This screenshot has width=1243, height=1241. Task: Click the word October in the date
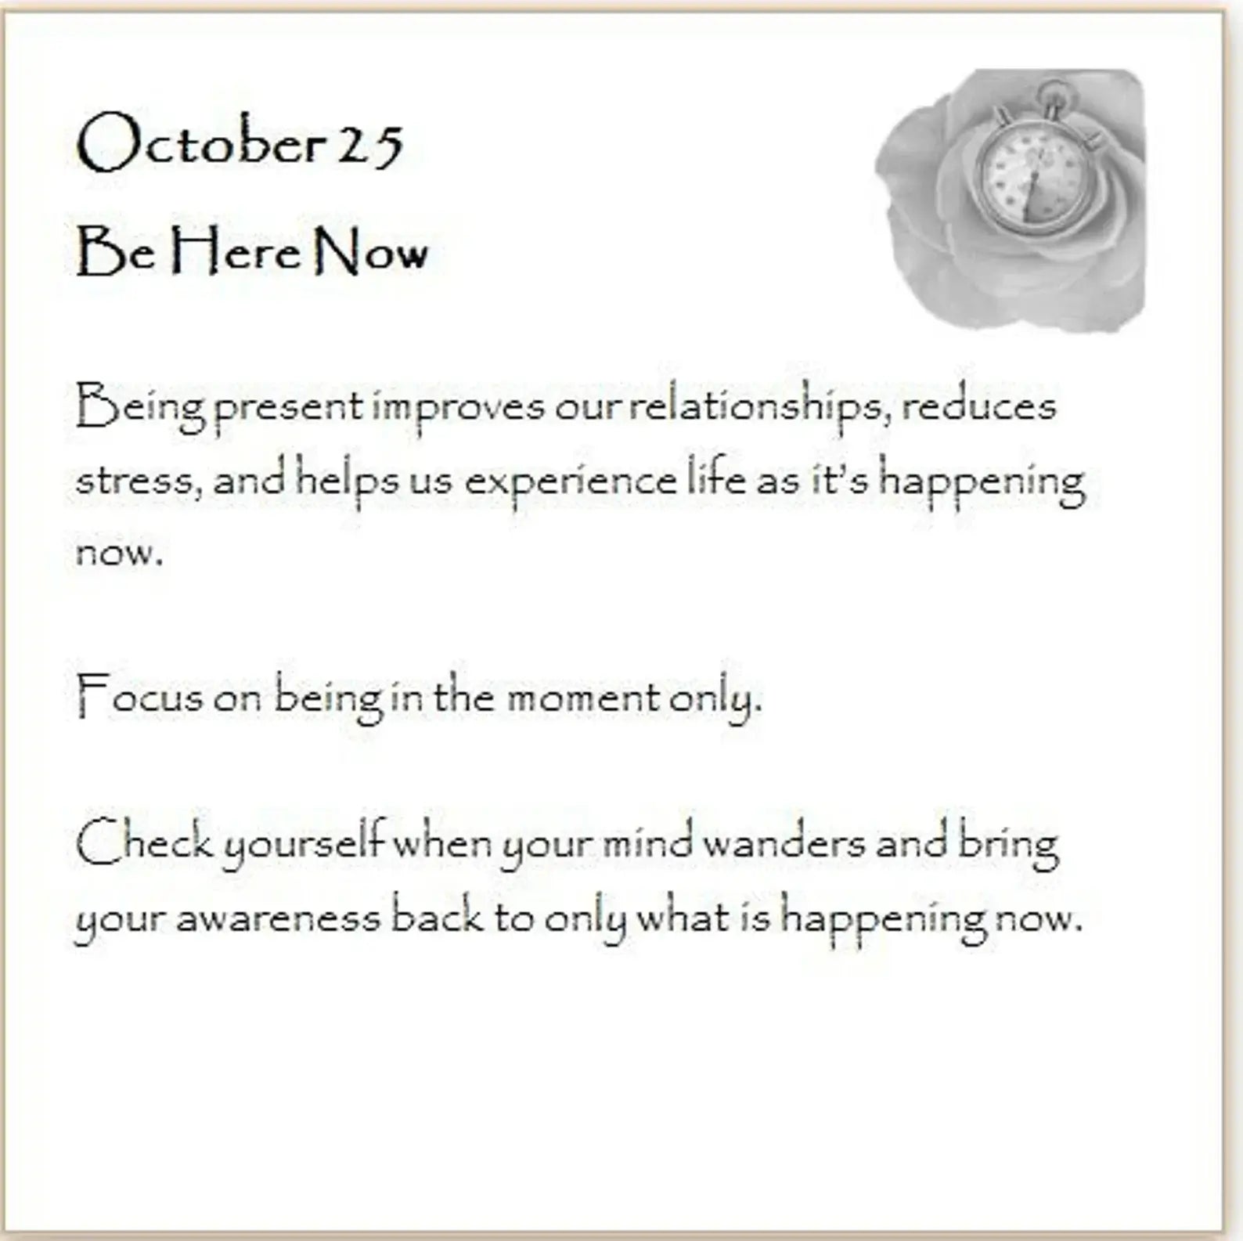pos(201,142)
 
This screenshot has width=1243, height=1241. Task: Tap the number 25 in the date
pos(370,146)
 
